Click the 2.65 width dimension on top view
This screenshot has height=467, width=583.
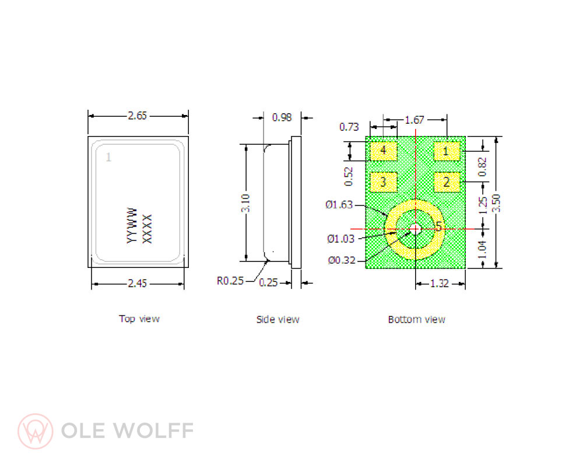pos(138,116)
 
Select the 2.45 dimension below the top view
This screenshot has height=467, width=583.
pos(138,284)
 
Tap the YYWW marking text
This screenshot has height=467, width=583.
pos(132,225)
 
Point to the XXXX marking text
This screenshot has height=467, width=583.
pos(147,228)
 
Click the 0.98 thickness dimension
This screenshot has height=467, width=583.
pos(282,117)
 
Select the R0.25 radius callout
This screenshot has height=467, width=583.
pos(229,281)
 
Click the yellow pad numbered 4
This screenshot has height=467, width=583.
pos(383,151)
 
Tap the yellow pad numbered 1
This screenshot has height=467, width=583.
pos(446,151)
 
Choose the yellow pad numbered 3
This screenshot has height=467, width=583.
pos(383,182)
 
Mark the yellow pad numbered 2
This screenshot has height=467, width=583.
pos(446,182)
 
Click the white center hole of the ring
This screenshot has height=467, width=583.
pos(415,229)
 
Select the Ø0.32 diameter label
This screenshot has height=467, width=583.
pos(339,260)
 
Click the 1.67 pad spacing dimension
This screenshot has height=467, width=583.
pos(414,120)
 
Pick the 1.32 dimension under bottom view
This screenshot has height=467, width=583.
pos(440,284)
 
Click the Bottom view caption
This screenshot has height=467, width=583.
pos(416,319)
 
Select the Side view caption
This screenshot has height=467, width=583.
pos(278,319)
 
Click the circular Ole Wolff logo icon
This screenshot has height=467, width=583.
pos(35,431)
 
